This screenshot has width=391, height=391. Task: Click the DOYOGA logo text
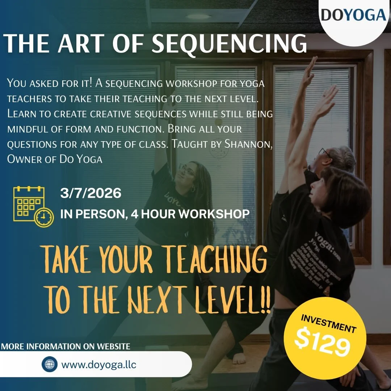353,15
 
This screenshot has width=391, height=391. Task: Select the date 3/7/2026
91,193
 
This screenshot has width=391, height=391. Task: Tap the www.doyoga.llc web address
99,364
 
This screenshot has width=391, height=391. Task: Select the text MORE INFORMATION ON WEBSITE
66,346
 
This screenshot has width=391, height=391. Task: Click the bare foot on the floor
239,359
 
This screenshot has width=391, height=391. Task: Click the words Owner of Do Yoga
55,159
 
